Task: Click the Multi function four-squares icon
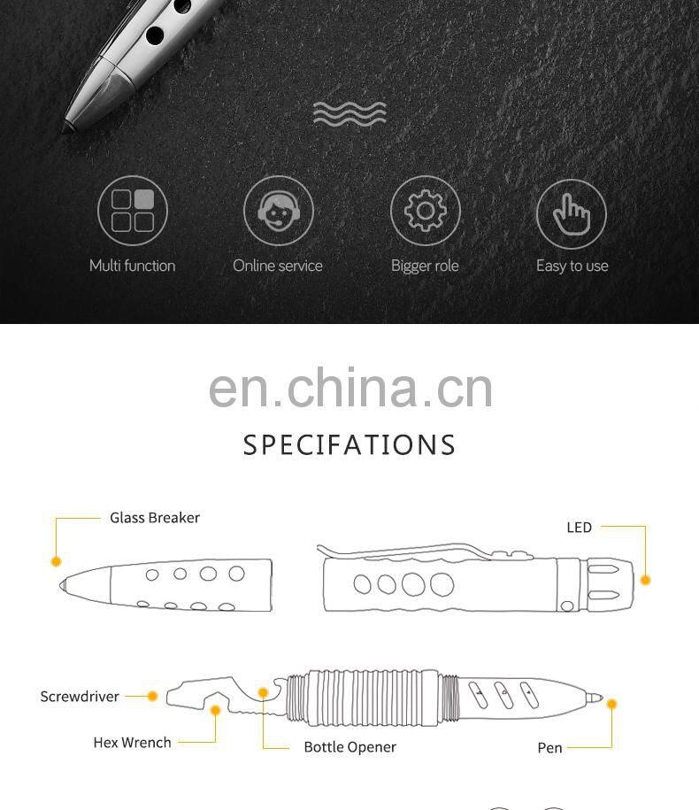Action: coord(133,212)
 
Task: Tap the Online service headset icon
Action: coord(278,212)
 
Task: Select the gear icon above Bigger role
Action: coord(425,212)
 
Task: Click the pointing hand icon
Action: coord(572,212)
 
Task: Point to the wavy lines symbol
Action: coord(349,114)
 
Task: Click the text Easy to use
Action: coord(572,266)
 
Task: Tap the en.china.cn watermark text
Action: coord(350,388)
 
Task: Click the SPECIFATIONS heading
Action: coord(349,444)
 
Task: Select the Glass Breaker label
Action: coord(155,518)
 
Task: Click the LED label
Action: coord(579,528)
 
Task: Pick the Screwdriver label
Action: coord(80,697)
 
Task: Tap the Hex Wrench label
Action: coord(133,743)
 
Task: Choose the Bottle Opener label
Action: coord(349,747)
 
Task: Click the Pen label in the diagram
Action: coord(549,748)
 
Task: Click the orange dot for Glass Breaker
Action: coord(56,561)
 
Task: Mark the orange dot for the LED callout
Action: coord(645,580)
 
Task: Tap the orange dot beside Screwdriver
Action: coord(152,697)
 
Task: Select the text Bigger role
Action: coord(425,266)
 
